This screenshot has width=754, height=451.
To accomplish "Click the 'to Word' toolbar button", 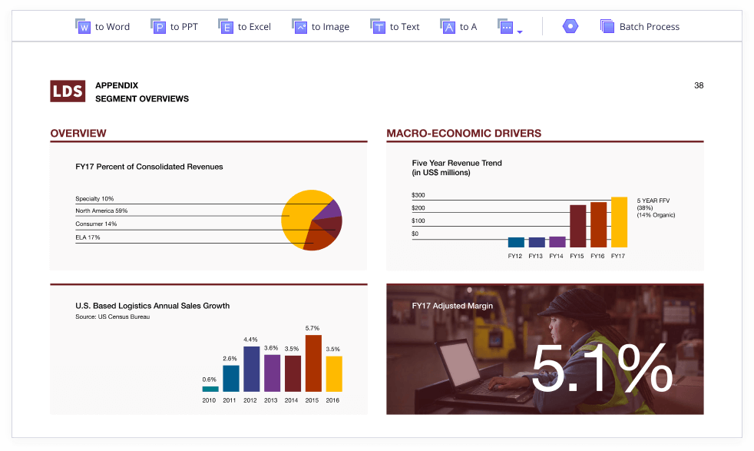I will (103, 27).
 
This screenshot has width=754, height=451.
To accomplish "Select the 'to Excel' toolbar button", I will (245, 27).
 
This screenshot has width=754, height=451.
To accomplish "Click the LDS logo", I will (68, 91).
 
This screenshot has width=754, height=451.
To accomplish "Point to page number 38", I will (699, 85).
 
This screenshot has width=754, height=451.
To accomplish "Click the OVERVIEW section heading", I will (78, 134).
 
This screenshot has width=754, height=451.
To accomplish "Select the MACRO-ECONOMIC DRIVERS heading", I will (464, 134).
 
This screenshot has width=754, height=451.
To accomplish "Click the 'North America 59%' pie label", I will (101, 211).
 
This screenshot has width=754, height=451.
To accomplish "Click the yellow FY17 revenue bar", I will (619, 221).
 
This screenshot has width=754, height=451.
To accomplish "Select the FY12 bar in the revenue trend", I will (516, 242).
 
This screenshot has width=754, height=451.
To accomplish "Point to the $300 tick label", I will (418, 196).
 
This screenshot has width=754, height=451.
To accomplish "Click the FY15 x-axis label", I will (577, 256).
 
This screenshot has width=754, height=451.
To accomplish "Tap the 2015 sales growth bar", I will (313, 363).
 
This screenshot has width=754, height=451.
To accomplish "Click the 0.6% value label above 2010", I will (210, 380).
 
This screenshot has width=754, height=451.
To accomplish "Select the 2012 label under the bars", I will (251, 400).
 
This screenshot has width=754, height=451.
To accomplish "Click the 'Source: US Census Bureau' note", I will (112, 317).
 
